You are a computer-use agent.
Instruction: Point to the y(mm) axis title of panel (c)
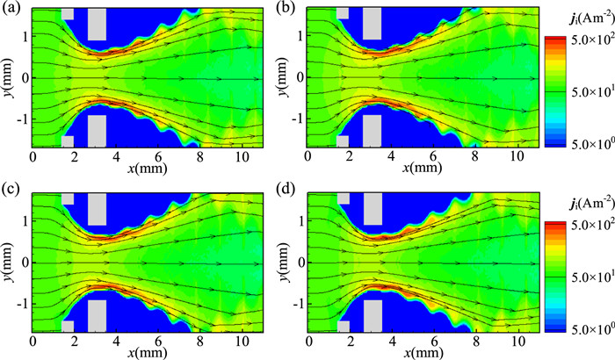tap(9, 263)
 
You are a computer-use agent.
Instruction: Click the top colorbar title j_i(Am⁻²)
tap(575, 20)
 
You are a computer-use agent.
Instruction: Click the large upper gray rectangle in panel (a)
tap(97, 24)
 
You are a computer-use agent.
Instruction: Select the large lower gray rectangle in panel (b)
tap(372, 130)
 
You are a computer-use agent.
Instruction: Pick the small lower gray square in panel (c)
tap(68, 325)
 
